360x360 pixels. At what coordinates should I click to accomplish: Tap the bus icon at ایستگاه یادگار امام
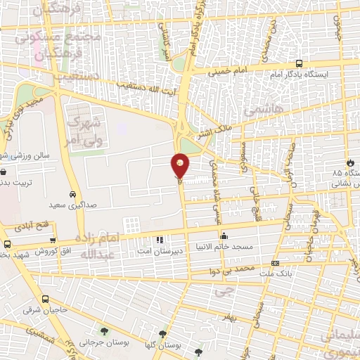click(x=300, y=63)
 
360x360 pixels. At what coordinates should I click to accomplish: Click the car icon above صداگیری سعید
click(x=73, y=194)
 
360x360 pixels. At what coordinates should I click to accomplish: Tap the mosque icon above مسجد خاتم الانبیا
click(x=224, y=236)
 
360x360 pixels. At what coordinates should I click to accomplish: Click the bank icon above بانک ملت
click(x=274, y=264)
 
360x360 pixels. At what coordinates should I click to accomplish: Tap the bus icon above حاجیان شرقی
click(x=46, y=298)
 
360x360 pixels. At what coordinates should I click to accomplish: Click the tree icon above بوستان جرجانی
click(x=104, y=331)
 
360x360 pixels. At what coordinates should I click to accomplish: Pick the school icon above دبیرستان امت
click(x=160, y=240)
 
